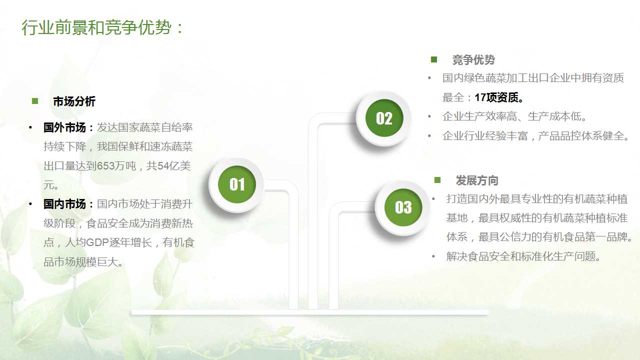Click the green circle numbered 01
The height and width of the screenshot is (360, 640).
[x=237, y=184]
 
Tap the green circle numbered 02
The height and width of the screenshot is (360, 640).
[x=384, y=118]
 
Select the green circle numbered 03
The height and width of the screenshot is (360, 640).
[x=403, y=207]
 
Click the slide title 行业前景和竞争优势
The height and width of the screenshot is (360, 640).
[x=96, y=27]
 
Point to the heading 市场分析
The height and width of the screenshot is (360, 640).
[x=74, y=101]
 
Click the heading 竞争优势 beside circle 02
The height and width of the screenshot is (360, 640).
[x=473, y=60]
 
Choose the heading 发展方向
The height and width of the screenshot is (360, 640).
[x=477, y=180]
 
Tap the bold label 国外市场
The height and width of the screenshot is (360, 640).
[x=64, y=127]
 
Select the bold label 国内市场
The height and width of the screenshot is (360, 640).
[x=64, y=204]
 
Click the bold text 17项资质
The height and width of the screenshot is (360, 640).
[x=496, y=97]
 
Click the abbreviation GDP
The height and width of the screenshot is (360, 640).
[x=97, y=242]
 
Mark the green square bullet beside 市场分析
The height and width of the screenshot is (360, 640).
[x=35, y=101]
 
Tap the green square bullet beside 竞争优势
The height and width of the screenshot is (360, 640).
[x=434, y=59]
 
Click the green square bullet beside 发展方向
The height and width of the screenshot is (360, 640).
[x=437, y=180]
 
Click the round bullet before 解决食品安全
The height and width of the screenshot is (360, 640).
[x=433, y=256]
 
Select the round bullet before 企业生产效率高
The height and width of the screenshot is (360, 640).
[x=429, y=116]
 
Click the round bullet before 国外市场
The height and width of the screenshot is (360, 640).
[x=30, y=127]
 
